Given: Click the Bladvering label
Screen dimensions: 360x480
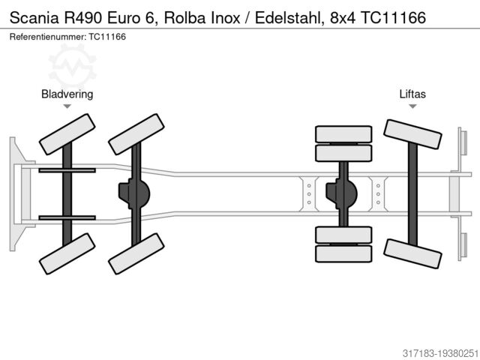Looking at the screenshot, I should click(x=67, y=94).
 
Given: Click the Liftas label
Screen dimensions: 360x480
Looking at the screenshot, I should click(x=412, y=94).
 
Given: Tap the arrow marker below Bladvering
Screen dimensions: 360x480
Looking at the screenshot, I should click(x=67, y=106).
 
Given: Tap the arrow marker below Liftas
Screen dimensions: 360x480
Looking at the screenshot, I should click(x=412, y=106).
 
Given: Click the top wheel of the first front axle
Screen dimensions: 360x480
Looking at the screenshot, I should click(x=67, y=133).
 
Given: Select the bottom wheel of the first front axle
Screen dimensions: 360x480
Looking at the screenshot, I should click(x=67, y=253).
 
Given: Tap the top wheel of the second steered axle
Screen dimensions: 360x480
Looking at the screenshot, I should click(x=136, y=133).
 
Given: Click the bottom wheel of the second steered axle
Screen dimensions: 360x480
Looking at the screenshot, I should click(x=136, y=253).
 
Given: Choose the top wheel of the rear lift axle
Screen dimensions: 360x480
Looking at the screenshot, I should click(x=412, y=134).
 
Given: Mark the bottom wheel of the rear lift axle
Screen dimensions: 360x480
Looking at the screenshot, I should click(x=412, y=253).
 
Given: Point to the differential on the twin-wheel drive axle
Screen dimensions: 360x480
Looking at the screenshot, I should click(x=341, y=193).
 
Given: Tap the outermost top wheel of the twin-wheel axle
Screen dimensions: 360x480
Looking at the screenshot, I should click(x=343, y=134).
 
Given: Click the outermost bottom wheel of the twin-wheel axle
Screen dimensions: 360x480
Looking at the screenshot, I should click(x=343, y=253).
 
